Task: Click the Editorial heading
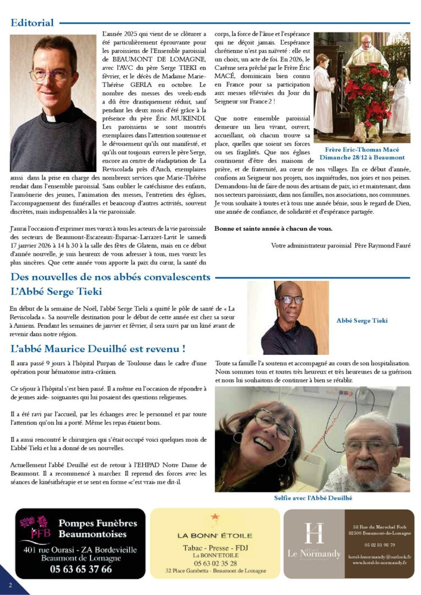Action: tap(33, 23)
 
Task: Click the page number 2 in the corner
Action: tap(10, 585)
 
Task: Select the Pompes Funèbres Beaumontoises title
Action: tap(93, 528)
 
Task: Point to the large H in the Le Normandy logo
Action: tap(314, 533)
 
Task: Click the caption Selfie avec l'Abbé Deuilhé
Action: tap(313, 498)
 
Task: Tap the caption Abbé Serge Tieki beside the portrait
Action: tap(361, 321)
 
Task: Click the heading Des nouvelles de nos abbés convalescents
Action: tap(110, 277)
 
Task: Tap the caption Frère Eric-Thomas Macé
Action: tap(362, 150)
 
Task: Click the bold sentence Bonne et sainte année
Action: tap(273, 229)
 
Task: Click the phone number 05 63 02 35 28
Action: tap(215, 564)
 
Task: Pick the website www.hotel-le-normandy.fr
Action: tap(380, 562)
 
